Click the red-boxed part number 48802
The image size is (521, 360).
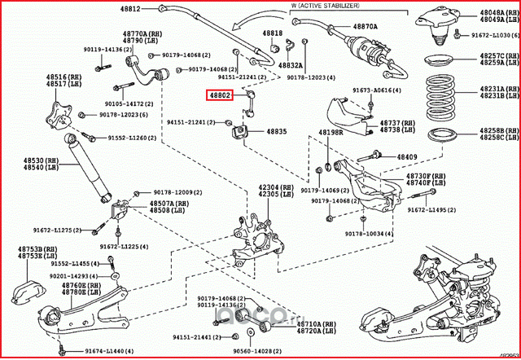click(220, 95)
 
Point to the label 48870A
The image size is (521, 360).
click(365, 26)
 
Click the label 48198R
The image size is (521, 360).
click(331, 131)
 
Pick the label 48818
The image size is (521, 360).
click(273, 33)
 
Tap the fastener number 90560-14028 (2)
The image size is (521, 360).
click(266, 349)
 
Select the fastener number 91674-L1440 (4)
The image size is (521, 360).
click(91, 349)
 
